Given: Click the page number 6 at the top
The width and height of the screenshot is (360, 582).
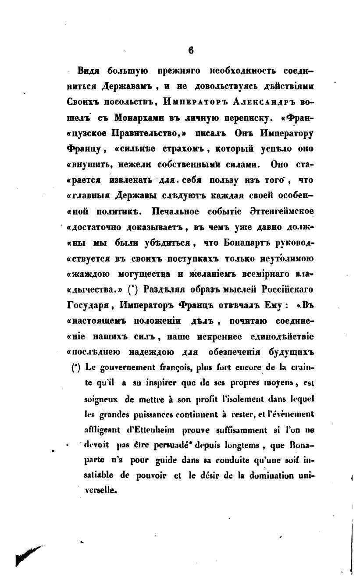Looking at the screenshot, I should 191,50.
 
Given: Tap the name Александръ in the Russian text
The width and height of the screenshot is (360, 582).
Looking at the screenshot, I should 257,101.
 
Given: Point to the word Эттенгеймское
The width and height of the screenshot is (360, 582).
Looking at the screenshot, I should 286,211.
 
